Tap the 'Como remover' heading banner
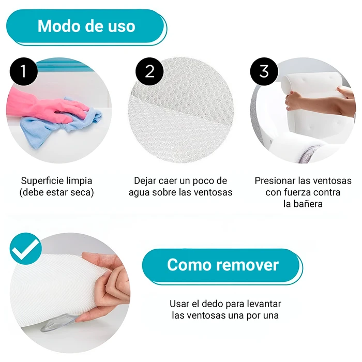pyautogui.click(x=222, y=265)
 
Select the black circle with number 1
pyautogui.click(x=23, y=71)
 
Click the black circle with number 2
pyautogui.click(x=150, y=71)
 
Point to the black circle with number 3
pyautogui.click(x=264, y=71)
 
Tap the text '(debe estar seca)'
pyautogui.click(x=56, y=192)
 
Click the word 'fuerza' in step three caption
pyautogui.click(x=300, y=192)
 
